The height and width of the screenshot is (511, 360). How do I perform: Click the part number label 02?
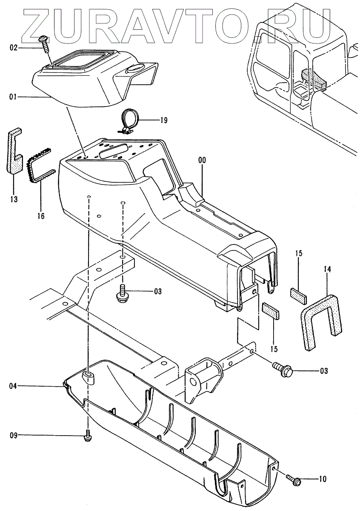[14, 48]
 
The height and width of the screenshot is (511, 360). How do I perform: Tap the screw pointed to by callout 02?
[44, 43]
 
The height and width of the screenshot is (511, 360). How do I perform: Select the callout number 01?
[14, 97]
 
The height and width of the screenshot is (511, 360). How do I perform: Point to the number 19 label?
[163, 121]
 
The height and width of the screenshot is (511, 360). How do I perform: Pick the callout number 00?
[202, 161]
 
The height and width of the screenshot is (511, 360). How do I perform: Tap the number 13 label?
[14, 199]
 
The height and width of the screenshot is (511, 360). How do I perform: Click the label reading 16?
[41, 216]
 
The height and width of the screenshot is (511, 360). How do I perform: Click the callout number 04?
[14, 386]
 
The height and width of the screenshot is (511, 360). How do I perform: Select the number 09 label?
[14, 435]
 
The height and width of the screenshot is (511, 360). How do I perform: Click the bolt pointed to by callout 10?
[294, 480]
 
